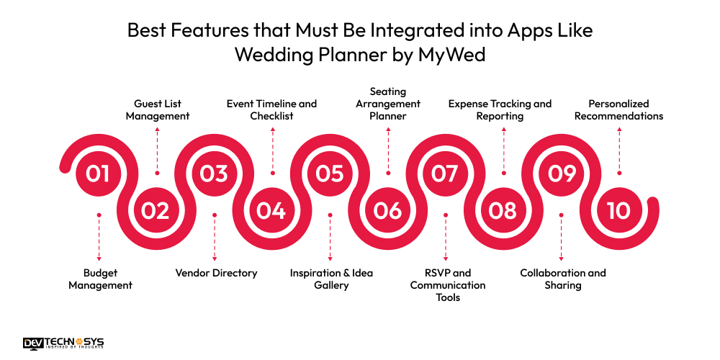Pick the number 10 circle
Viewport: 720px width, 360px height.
(x=618, y=210)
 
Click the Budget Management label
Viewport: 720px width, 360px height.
(x=101, y=279)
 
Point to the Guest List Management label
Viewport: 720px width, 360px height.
(x=158, y=109)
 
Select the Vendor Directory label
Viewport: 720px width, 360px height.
(x=216, y=273)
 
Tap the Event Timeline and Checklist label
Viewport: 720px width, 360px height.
(x=272, y=109)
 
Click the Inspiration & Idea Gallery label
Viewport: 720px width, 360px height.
(x=331, y=279)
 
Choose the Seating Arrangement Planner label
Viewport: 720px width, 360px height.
(x=388, y=104)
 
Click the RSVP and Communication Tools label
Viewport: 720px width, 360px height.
(x=448, y=285)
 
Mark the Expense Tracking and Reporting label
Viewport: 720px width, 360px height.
(x=500, y=109)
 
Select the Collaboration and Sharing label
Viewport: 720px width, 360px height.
(x=563, y=279)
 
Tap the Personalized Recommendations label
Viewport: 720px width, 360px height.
(x=618, y=109)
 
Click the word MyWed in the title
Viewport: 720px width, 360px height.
(x=451, y=55)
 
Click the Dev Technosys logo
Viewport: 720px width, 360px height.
(x=63, y=343)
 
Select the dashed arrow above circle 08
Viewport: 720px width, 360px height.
(x=504, y=150)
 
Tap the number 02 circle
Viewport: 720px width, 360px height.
(x=156, y=210)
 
